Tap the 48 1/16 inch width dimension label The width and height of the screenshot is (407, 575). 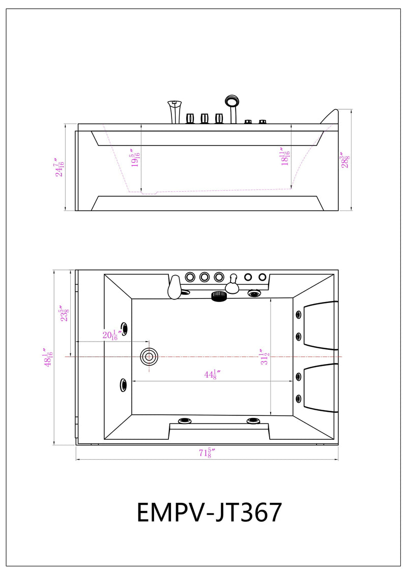pos(48,357)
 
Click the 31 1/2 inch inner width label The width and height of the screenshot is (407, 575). pos(264,357)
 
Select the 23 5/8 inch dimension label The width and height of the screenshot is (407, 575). pos(64,314)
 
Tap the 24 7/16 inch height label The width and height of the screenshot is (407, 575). pos(60,166)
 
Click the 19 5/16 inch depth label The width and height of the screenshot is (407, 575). pos(135,159)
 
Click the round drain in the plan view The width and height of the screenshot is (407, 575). pos(149,356)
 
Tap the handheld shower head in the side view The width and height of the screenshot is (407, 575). pos(232,102)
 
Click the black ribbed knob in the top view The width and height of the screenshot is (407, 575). pos(218,296)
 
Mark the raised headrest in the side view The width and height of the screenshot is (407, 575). pos(331,116)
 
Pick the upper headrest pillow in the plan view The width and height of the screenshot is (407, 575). pos(319,325)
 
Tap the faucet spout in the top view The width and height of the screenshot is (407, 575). pos(174,288)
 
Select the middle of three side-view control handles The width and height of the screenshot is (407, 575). pos(205,118)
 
